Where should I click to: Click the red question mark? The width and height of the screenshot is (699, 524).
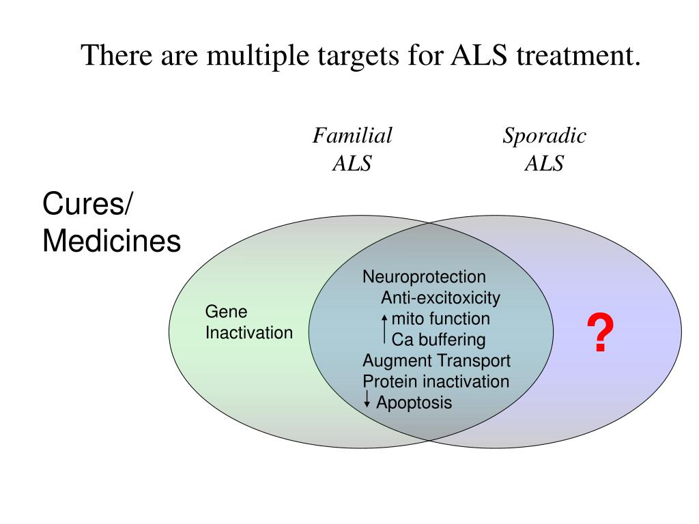click(x=600, y=334)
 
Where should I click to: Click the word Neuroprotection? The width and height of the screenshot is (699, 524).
click(x=424, y=277)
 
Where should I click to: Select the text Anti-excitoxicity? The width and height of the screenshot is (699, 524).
click(x=440, y=298)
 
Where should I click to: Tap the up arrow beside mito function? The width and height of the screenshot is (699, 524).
click(x=385, y=329)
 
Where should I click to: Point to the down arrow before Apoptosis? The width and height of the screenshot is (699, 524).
click(x=367, y=400)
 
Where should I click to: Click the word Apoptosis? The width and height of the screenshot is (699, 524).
click(x=414, y=403)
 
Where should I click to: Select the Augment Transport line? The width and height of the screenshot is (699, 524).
click(x=436, y=361)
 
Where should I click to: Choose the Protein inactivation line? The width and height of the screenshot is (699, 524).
click(x=436, y=381)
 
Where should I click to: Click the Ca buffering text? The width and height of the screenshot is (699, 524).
click(x=438, y=340)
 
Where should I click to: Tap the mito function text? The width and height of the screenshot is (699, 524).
click(x=440, y=319)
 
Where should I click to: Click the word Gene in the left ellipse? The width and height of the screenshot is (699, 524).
click(x=226, y=312)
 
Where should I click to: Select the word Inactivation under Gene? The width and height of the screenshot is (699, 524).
click(x=248, y=333)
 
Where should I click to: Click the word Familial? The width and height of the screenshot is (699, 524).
click(x=352, y=136)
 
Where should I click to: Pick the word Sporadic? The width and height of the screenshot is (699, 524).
click(x=544, y=136)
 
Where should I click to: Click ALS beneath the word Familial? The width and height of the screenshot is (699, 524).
click(x=352, y=164)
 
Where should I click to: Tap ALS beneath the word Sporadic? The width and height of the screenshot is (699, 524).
click(x=544, y=164)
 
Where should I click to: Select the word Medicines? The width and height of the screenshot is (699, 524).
click(x=111, y=241)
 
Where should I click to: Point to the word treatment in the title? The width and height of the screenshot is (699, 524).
click(x=577, y=55)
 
